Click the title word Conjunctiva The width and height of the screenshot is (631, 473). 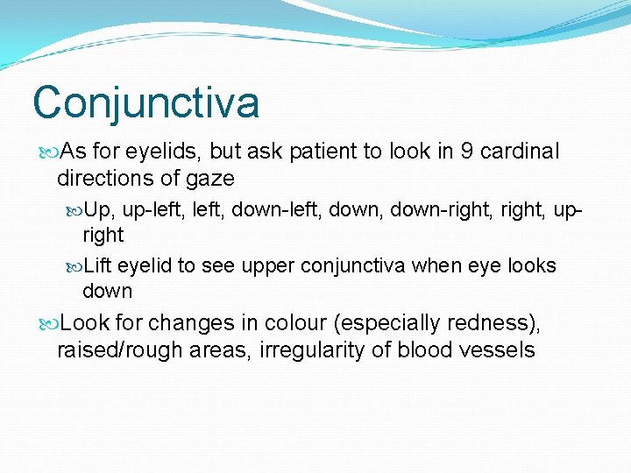(146, 102)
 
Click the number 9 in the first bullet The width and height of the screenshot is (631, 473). (467, 152)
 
